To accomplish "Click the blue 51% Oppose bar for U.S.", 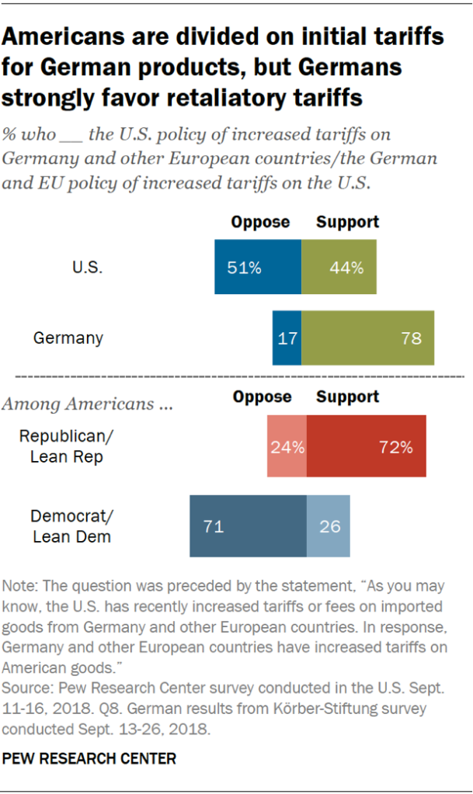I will [258, 267].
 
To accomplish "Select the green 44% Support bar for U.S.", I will [339, 267].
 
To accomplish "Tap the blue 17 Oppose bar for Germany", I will [287, 338].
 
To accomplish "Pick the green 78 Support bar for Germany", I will [367, 338].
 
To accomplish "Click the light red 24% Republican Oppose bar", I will [287, 446].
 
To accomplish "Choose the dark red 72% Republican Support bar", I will [366, 446].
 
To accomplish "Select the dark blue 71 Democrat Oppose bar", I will [248, 526].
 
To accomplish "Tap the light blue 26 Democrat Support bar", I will [329, 526].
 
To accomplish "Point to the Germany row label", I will [68, 338].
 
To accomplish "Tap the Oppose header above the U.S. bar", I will [260, 222].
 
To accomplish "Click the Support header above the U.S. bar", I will [347, 222].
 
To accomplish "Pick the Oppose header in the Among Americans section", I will [263, 397].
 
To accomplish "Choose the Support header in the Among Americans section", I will [347, 397].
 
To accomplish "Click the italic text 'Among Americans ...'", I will [88, 404].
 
